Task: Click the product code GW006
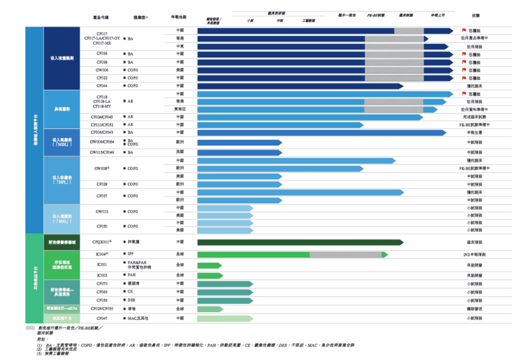point(102,70)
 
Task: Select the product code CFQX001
point(102,242)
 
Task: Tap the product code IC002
point(102,275)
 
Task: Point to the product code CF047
point(102,318)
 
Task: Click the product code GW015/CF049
point(102,152)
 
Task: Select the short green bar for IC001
point(209,265)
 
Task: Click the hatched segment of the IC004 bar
point(346,255)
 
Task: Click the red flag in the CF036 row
point(464,54)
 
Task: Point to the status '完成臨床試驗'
point(475,117)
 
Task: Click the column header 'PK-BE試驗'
point(376,15)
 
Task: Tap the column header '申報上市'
point(437,15)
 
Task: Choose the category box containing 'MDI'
point(62,143)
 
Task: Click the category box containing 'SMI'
point(62,218)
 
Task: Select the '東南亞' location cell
point(179,110)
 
